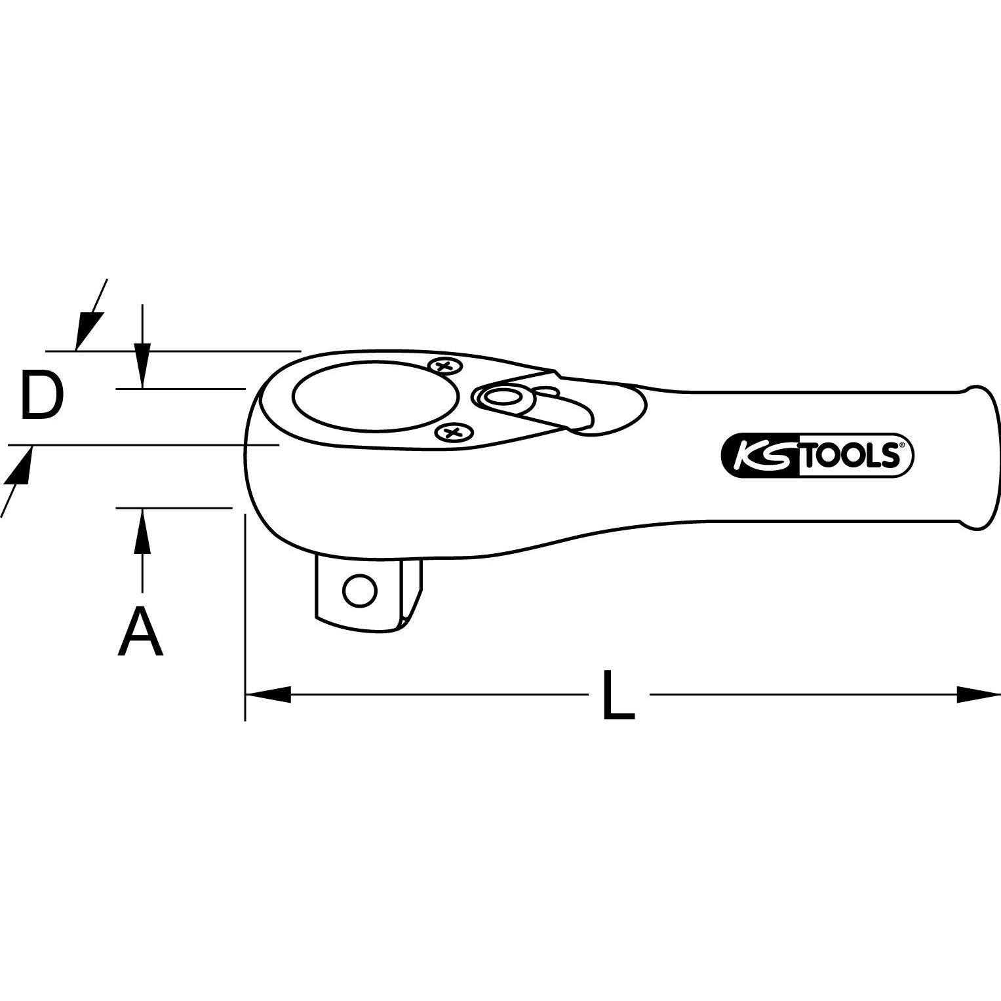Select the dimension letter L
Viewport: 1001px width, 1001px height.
coord(618,694)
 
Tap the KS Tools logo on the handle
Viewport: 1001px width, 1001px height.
coord(817,454)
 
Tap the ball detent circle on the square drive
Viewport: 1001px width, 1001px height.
coord(360,591)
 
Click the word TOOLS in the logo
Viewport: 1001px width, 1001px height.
coord(850,456)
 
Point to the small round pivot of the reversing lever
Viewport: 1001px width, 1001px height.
coord(501,396)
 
